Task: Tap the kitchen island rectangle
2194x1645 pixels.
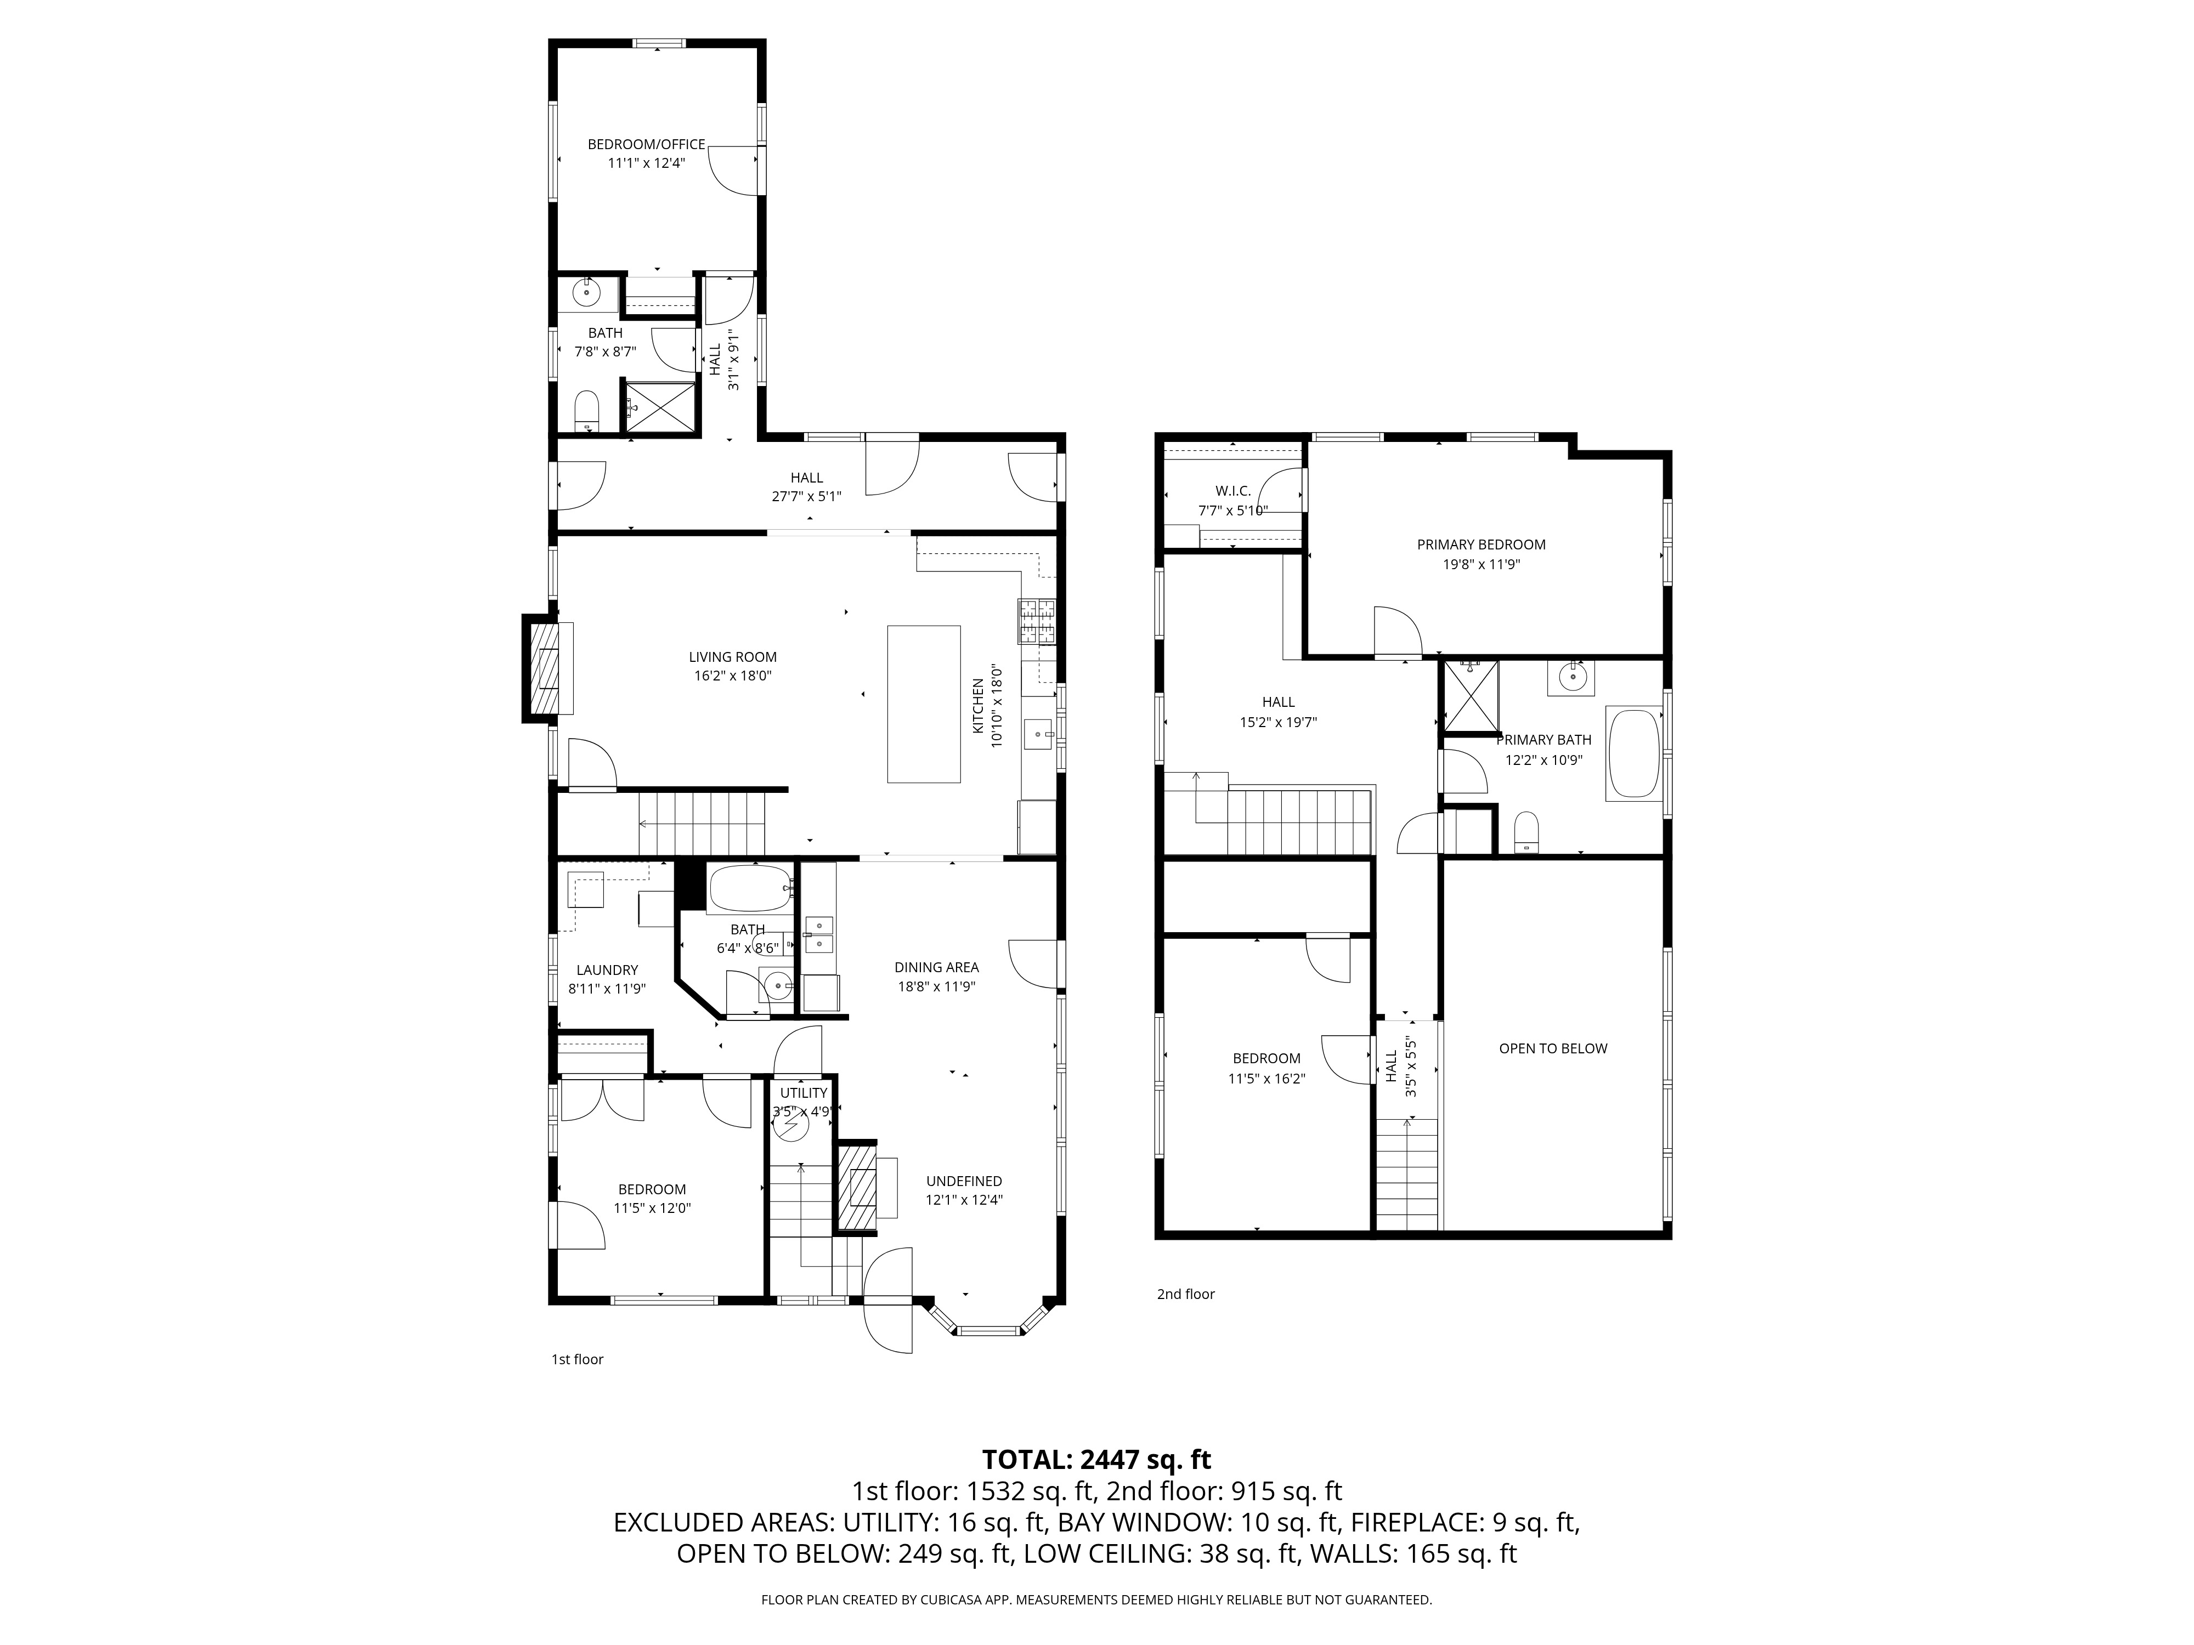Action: (924, 704)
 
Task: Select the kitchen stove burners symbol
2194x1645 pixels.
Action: (1037, 623)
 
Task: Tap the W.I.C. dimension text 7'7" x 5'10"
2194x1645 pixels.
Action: (1233, 510)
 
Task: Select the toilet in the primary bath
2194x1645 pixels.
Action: (1526, 831)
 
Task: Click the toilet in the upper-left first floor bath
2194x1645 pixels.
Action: (587, 410)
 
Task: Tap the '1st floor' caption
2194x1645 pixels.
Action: (577, 1359)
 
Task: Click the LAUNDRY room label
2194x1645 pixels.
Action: (607, 970)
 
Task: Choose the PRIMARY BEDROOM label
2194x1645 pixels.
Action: (1481, 544)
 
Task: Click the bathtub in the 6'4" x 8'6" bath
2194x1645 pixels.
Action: (749, 889)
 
